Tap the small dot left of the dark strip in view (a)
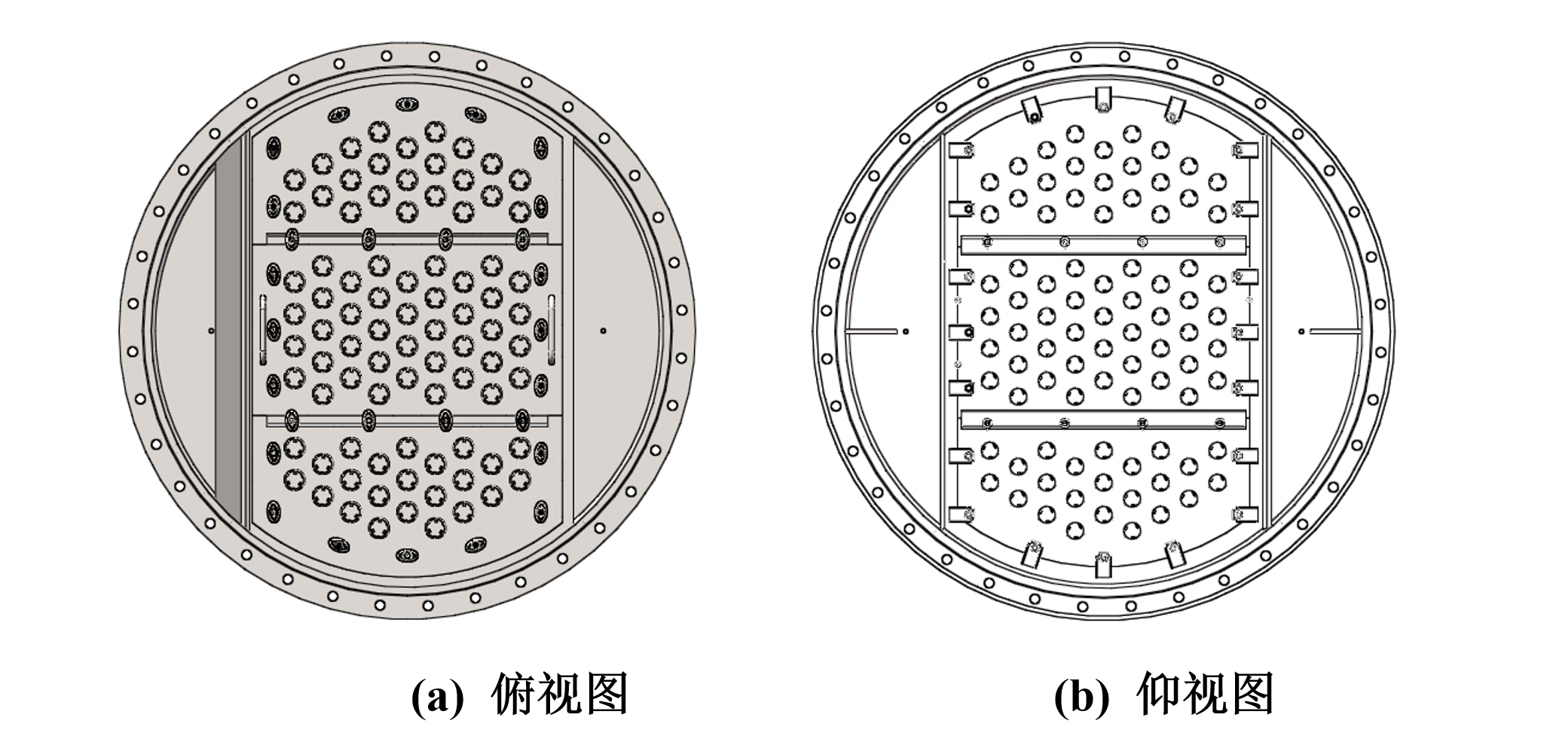(x=211, y=330)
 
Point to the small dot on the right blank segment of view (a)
(x=604, y=330)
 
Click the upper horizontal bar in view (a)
(x=407, y=239)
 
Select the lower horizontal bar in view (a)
(x=407, y=417)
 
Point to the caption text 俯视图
(x=559, y=695)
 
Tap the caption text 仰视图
(x=1204, y=695)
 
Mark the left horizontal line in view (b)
(x=870, y=330)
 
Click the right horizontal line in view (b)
(x=1335, y=330)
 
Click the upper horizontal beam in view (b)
(x=1103, y=244)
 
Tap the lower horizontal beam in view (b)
(x=1103, y=419)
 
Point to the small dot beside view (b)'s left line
(x=906, y=330)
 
